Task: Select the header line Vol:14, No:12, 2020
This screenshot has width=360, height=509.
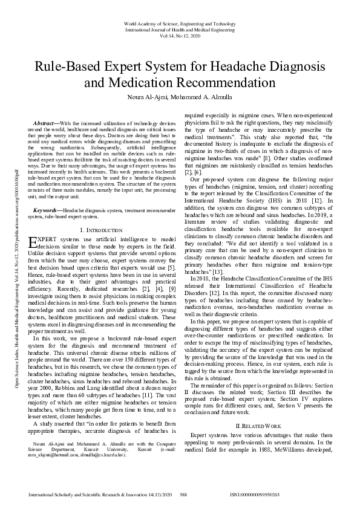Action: tap(180, 35)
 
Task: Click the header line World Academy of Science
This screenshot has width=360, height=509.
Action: tap(180, 23)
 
